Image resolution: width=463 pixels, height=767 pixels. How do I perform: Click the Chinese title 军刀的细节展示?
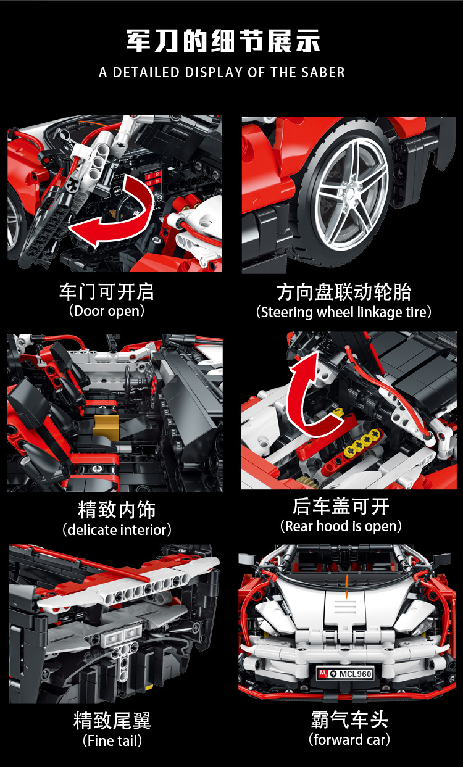point(223,41)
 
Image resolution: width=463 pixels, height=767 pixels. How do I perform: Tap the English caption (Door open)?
point(107,311)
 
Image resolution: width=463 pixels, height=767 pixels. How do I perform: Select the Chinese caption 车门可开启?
point(107,291)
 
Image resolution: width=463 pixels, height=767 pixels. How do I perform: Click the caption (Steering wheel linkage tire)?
point(343,312)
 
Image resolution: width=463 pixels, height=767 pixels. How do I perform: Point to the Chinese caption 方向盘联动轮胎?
point(344,292)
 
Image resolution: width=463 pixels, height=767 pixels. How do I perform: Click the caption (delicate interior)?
point(117,529)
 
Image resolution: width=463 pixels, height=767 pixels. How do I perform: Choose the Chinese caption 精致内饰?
point(117,510)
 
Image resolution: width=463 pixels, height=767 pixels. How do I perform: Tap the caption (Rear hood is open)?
point(341,526)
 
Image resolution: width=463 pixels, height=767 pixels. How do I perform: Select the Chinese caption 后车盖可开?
point(341,507)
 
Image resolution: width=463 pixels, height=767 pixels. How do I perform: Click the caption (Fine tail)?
point(112,741)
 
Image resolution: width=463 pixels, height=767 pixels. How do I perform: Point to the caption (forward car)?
point(349,739)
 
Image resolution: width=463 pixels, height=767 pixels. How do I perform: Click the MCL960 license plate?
point(345,674)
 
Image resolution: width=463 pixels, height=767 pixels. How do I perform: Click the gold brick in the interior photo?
point(106,426)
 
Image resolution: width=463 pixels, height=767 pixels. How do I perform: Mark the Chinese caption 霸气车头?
point(349,719)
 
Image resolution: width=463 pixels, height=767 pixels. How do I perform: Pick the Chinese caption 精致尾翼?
point(112,721)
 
